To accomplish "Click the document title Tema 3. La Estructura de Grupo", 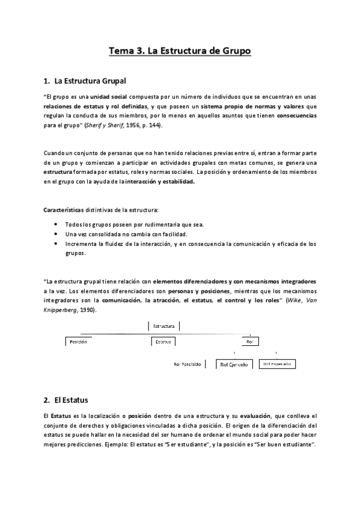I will [x=179, y=51].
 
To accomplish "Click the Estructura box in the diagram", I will [x=163, y=326].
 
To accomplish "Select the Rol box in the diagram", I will [x=249, y=341].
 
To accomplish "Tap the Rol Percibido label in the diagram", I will [x=188, y=364].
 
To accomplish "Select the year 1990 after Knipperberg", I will [x=87, y=310].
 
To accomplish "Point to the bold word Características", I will [x=68, y=209].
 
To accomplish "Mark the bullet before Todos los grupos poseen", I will [x=56, y=224].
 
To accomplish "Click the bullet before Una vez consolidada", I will [x=56, y=234].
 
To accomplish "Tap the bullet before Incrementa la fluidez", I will [x=56, y=244].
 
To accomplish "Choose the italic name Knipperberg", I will [x=61, y=310].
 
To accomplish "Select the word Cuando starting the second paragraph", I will [x=55, y=153].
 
